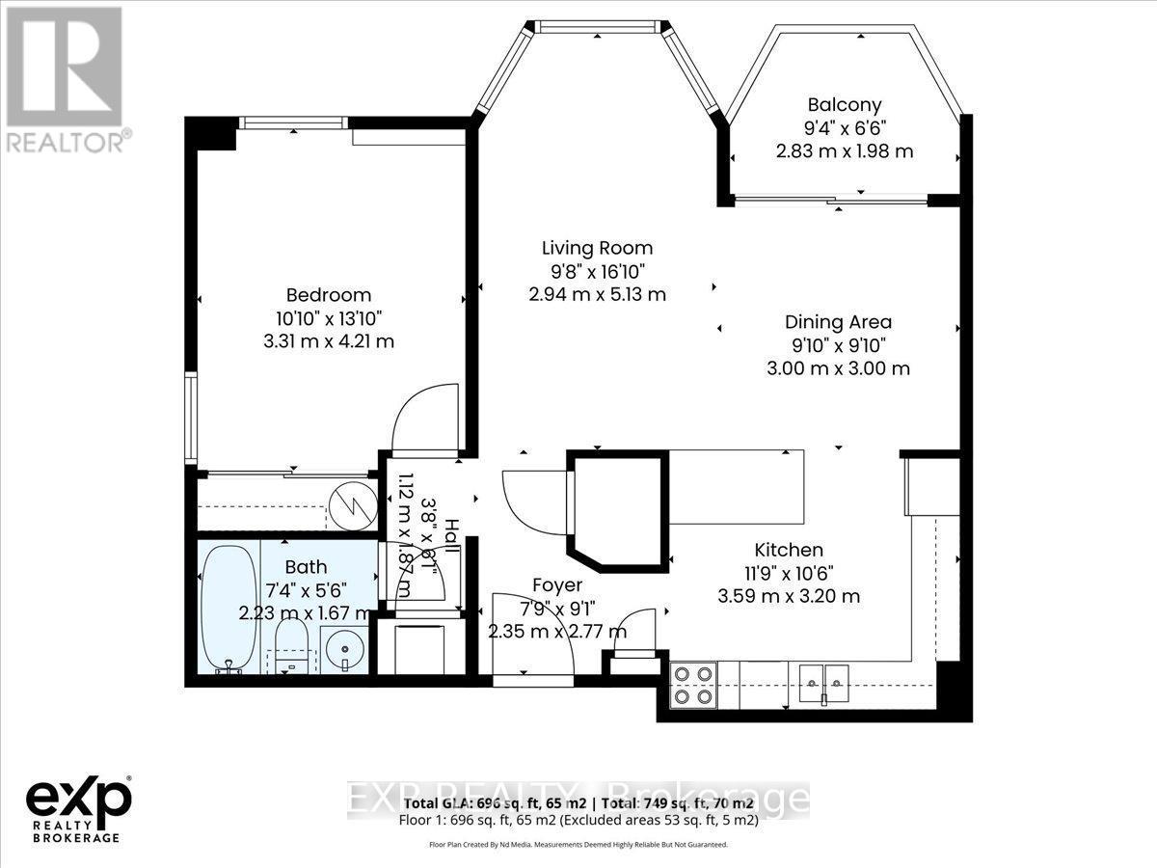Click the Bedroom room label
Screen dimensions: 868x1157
pos(328,295)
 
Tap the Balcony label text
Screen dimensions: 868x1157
pos(845,105)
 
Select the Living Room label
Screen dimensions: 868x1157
pos(597,249)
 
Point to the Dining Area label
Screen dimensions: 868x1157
pos(838,322)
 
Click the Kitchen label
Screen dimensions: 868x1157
pos(789,550)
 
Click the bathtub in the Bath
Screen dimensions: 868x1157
pos(229,608)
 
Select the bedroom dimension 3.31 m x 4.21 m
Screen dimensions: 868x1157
pos(328,341)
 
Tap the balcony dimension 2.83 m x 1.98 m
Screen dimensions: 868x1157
pos(845,151)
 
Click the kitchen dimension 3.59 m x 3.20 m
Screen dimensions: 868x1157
pos(789,596)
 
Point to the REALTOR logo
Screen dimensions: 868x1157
pos(66,77)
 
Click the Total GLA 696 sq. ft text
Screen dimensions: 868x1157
pos(493,803)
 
